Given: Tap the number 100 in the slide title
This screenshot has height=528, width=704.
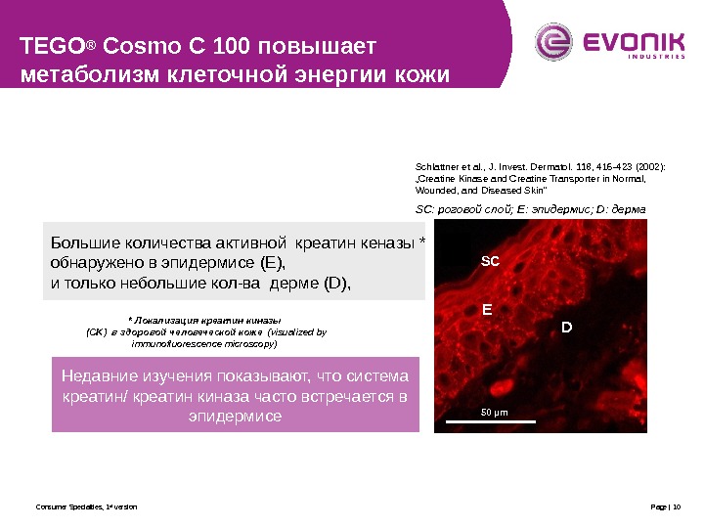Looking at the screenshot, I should [x=205, y=46].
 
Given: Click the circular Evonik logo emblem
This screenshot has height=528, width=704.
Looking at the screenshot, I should [x=551, y=42].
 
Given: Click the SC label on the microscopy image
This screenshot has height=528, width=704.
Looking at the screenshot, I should [x=490, y=262].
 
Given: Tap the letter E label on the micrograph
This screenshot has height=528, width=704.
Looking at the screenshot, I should [x=487, y=307].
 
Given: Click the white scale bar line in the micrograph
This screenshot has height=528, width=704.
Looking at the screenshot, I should [x=491, y=421].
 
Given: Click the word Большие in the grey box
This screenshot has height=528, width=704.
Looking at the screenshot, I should [x=82, y=243].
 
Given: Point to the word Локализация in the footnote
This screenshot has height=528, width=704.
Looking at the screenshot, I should [x=164, y=320].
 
